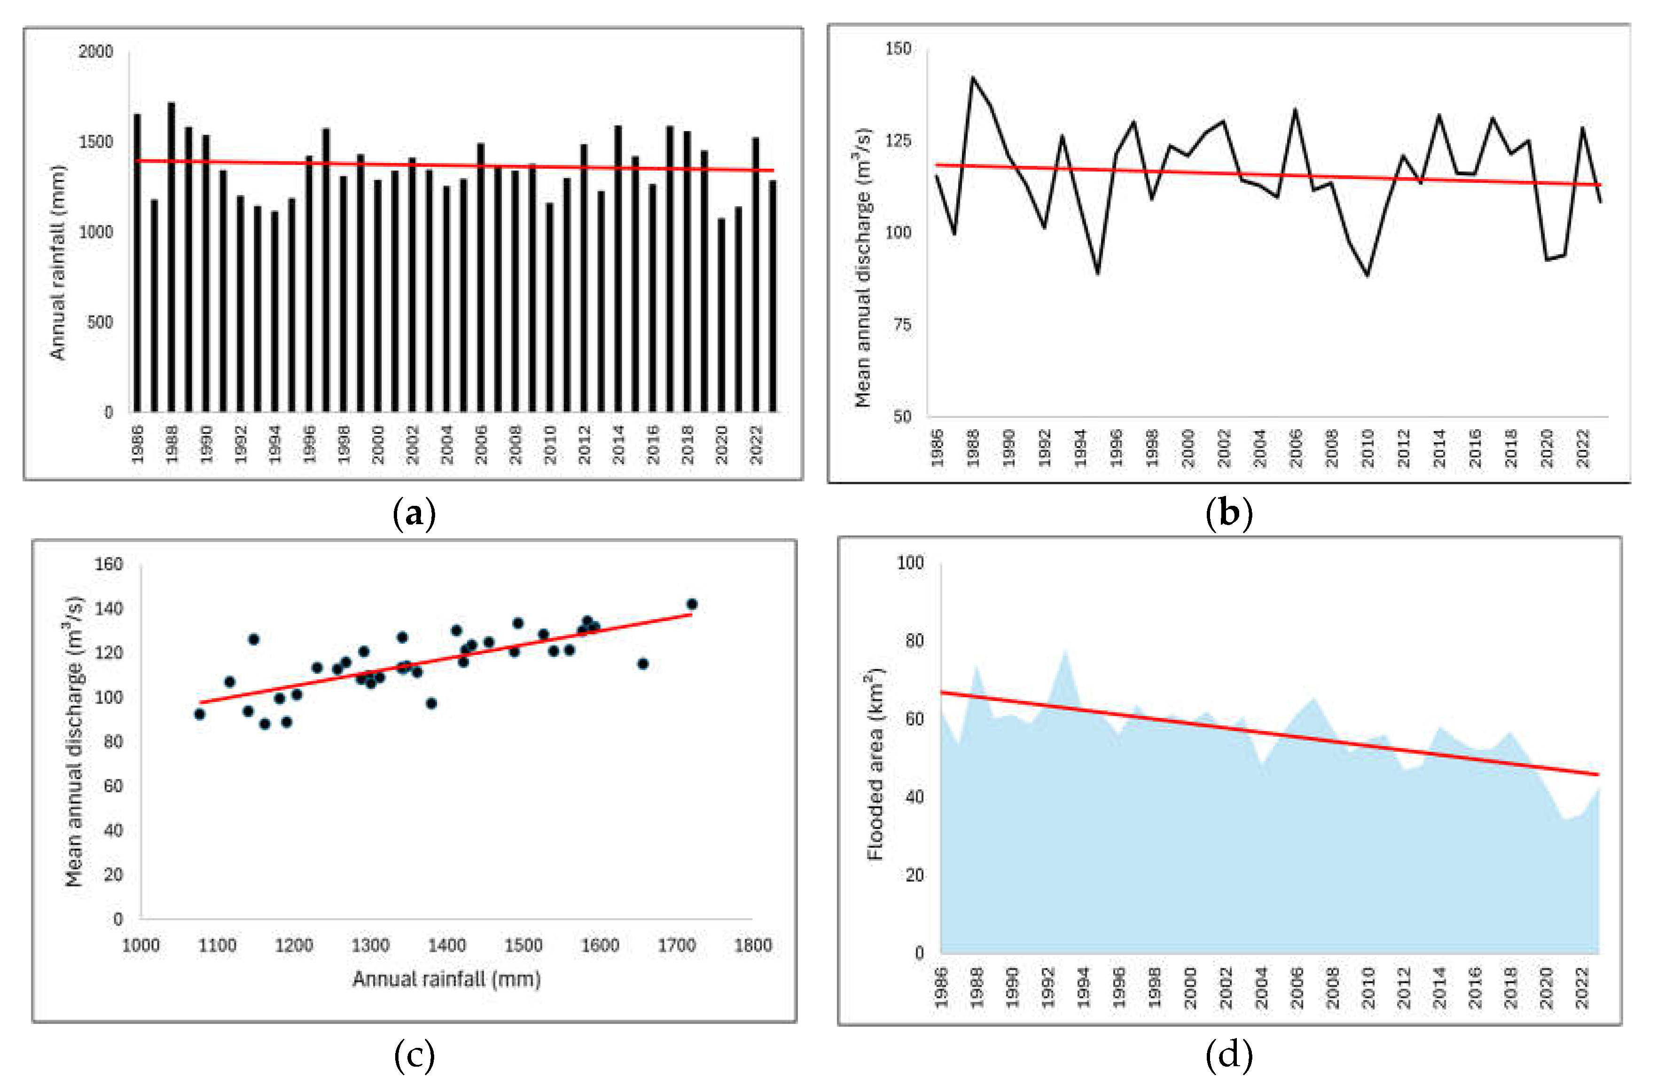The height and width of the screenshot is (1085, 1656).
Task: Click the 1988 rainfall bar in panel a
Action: (171, 258)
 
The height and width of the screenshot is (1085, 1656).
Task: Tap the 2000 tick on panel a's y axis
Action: (96, 52)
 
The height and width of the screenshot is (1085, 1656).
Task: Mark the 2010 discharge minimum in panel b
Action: (1368, 275)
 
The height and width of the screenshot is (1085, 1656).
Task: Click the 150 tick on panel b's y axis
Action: (898, 49)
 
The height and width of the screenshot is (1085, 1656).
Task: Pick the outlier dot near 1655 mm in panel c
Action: (643, 664)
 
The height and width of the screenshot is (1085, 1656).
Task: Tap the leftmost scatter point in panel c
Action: (200, 714)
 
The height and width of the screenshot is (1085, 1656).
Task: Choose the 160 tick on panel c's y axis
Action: (109, 564)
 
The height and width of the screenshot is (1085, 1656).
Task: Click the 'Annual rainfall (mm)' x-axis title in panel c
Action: (446, 979)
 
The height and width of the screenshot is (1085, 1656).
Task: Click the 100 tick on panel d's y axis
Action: (910, 562)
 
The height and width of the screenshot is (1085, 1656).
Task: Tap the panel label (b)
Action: (1228, 514)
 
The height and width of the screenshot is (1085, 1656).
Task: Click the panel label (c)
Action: (414, 1056)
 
